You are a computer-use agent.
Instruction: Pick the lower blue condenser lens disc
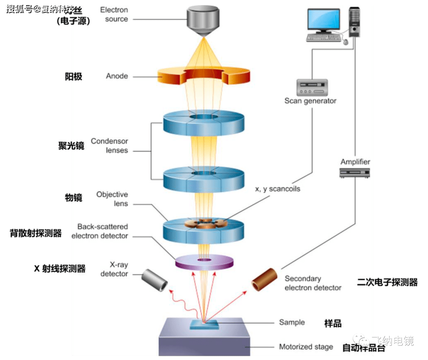pos(203,179)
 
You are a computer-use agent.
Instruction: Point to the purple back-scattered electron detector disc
pos(204,262)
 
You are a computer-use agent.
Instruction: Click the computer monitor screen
pos(323,20)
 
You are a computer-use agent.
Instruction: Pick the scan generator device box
pos(312,87)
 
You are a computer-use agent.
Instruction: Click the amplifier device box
pos(355,172)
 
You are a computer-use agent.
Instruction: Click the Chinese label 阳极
pos(73,76)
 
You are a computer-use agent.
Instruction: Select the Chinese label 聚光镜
pos(71,146)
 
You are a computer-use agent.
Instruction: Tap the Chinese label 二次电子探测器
pos(387,282)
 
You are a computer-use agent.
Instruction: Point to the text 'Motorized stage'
pos(306,347)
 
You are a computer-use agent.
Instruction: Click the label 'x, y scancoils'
pos(277,189)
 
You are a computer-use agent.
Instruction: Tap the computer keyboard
pos(323,37)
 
